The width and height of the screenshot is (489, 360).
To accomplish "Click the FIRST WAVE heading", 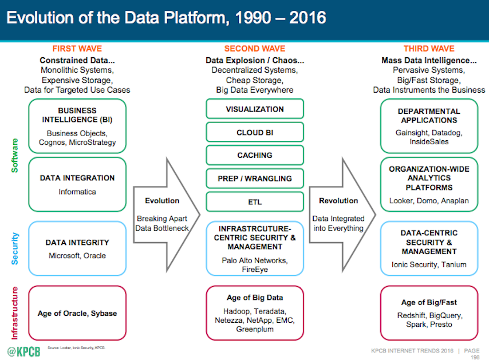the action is (77, 49).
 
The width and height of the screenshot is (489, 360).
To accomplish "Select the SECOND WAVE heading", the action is (255, 49).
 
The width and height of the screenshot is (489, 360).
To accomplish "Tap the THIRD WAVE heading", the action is (429, 49).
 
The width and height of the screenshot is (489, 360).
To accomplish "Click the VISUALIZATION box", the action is (255, 109).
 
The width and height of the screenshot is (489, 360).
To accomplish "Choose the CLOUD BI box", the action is (255, 132).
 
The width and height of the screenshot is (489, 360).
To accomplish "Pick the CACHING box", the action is (255, 155).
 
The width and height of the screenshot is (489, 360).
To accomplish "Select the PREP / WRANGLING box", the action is (255, 179).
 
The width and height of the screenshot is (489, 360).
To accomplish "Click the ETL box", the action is (255, 201).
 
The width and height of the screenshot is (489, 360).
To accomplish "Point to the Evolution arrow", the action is (167, 215).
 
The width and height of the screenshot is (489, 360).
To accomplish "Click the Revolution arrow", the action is (342, 215).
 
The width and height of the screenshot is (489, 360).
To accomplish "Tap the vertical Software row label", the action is (15, 156).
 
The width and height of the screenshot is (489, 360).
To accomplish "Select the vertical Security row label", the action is (15, 249).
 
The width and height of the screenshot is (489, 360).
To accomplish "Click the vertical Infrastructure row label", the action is (15, 313).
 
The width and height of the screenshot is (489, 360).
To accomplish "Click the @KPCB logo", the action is (23, 351).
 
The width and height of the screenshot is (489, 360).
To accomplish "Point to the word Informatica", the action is (77, 192).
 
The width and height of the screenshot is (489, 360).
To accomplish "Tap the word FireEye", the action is (255, 270).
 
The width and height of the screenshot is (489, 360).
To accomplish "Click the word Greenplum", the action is (255, 329).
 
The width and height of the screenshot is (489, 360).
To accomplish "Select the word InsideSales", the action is (429, 141).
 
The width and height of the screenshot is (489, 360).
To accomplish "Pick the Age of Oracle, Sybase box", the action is (77, 313).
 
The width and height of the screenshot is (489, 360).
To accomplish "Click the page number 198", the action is (475, 357).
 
